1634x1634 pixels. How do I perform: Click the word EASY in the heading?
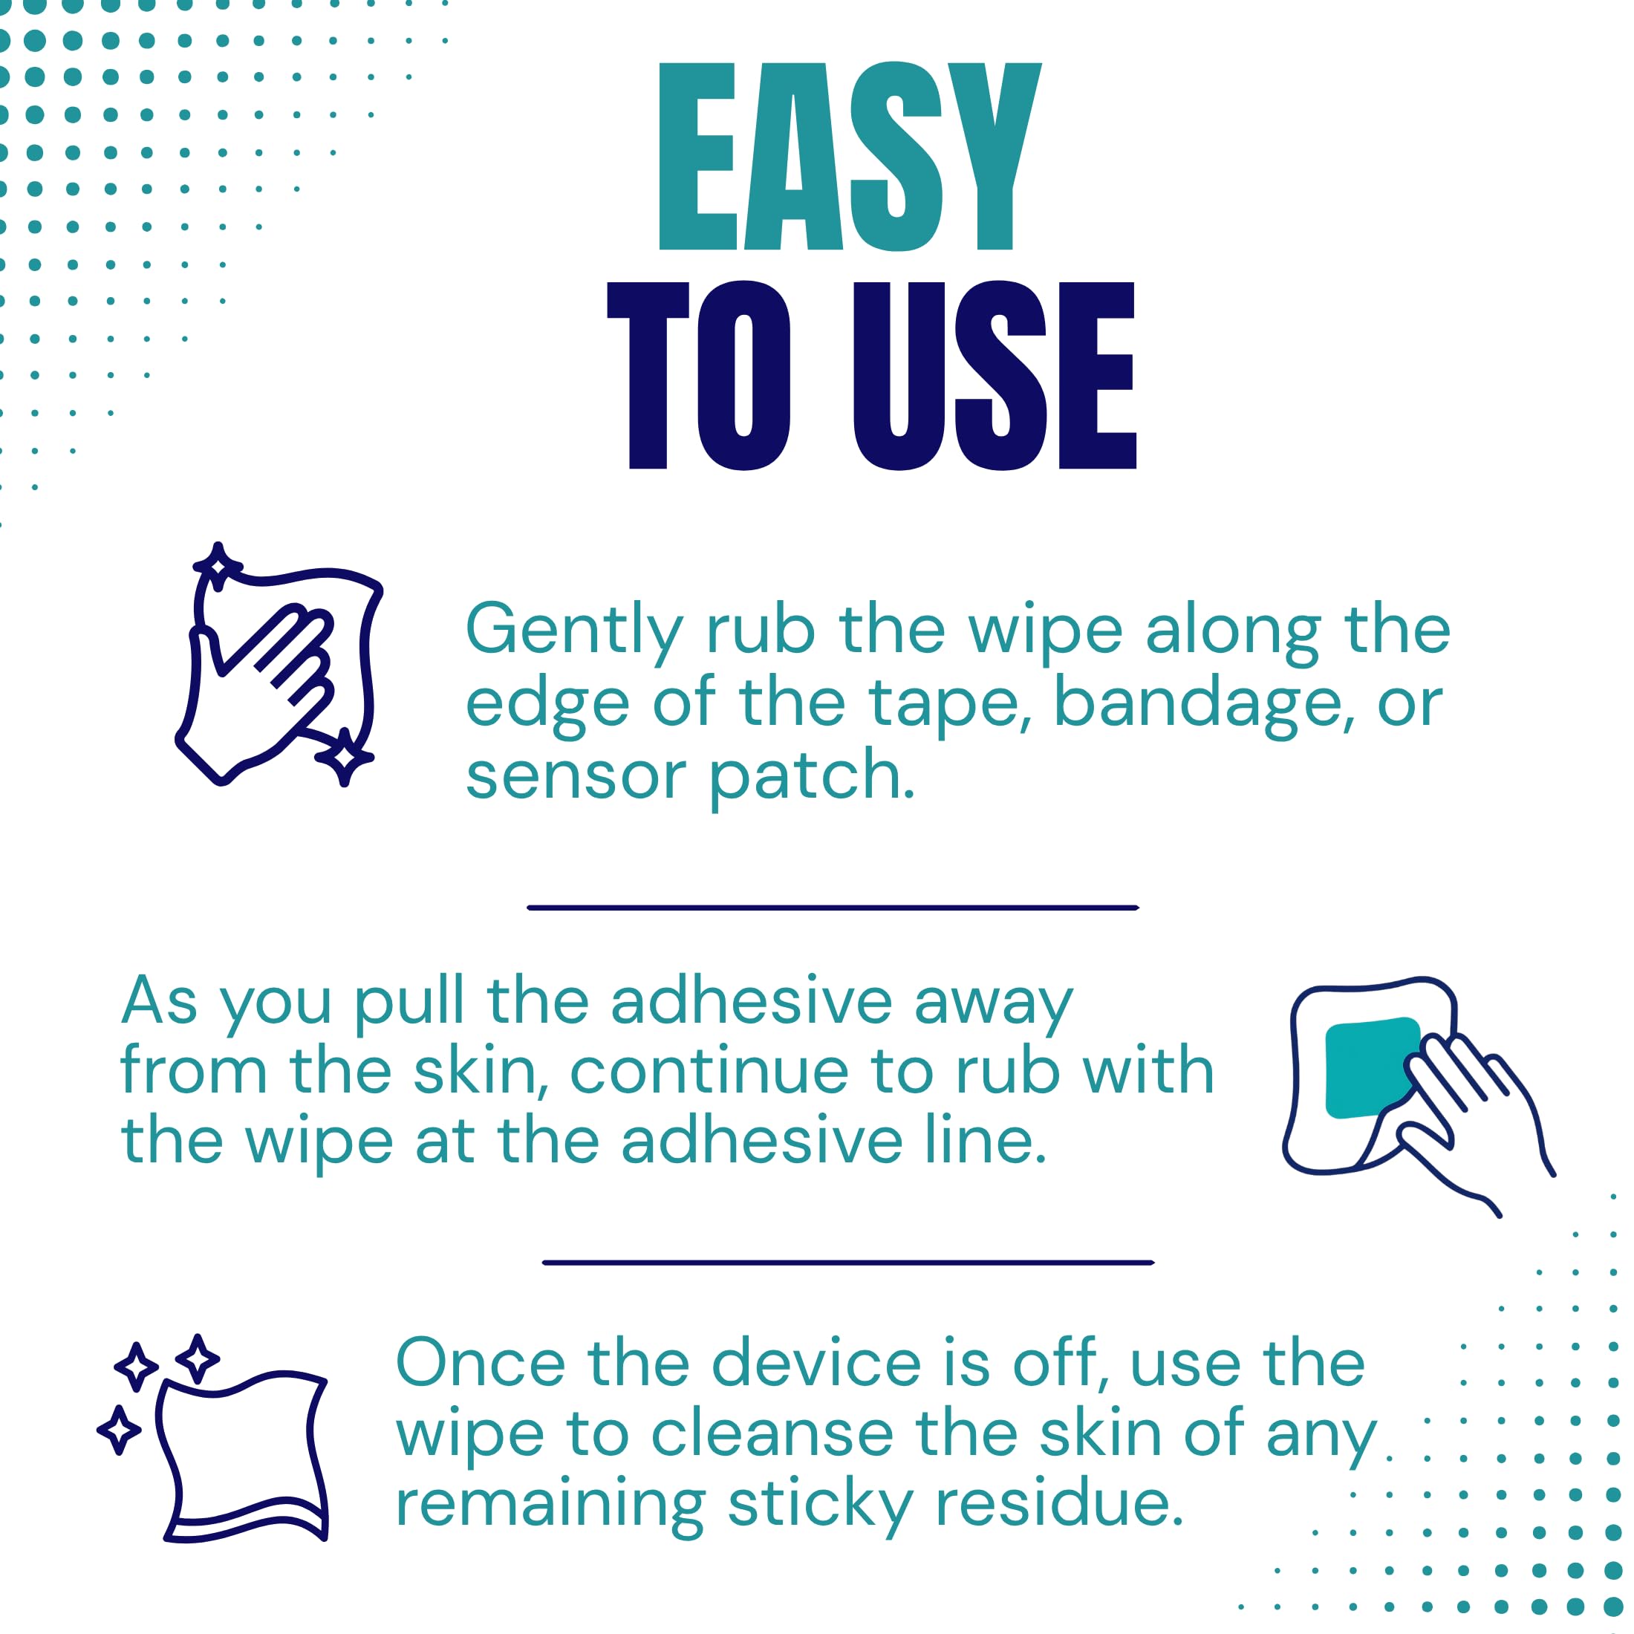click(849, 157)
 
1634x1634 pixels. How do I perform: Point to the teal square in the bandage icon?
click(1371, 1068)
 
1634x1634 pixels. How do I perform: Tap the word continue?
click(709, 1071)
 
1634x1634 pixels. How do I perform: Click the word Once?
click(481, 1364)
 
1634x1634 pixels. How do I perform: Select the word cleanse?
click(772, 1434)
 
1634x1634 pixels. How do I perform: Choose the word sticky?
click(819, 1508)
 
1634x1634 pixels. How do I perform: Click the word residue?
click(1059, 1505)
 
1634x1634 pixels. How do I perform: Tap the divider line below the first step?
click(833, 908)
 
